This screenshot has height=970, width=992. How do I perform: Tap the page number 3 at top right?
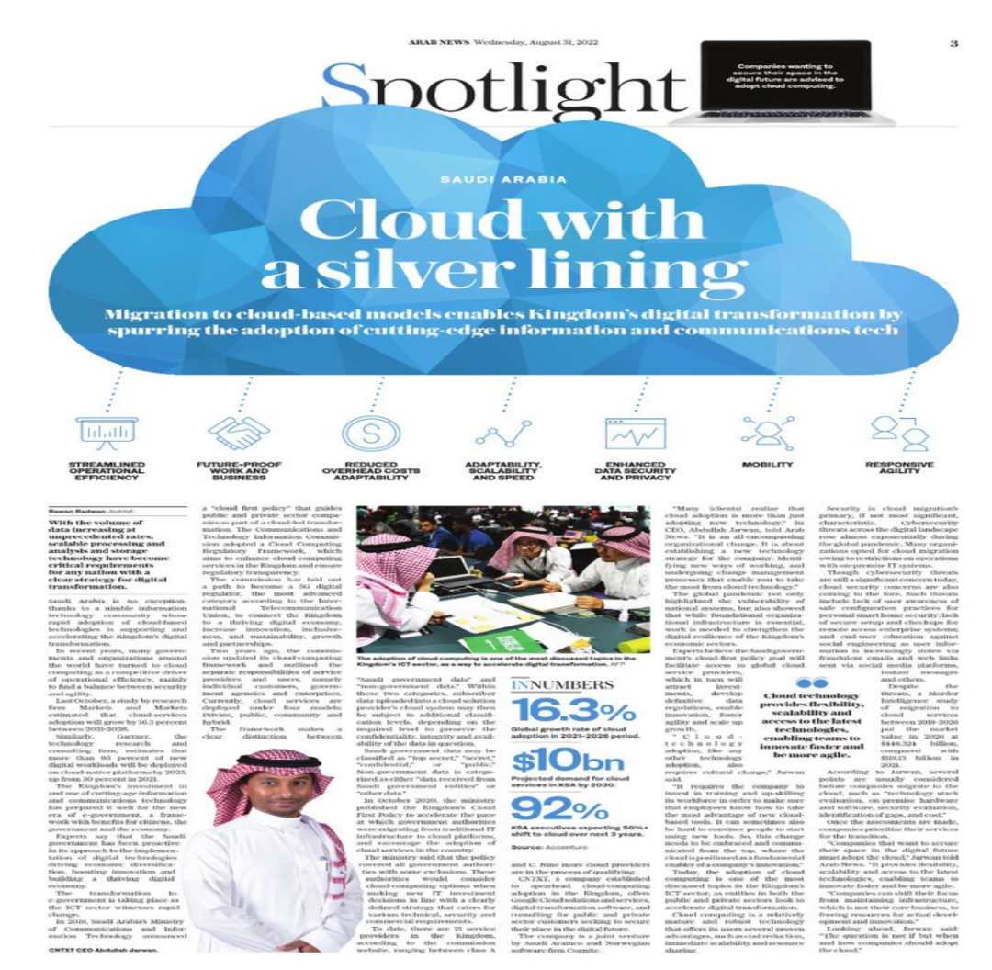[x=953, y=43]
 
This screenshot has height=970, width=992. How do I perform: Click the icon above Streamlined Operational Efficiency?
[x=107, y=433]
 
